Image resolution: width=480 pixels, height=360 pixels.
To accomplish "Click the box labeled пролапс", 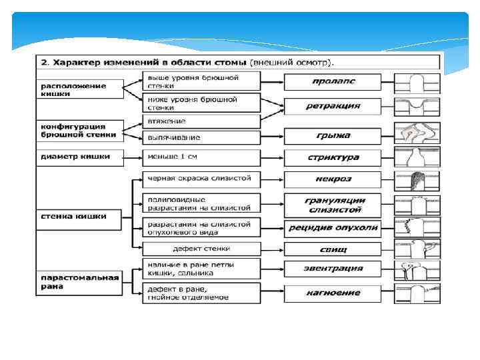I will pos(333,81).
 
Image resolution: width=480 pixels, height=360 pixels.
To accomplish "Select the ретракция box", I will pos(333,106).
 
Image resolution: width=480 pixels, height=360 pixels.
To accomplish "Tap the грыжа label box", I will pos(333,136).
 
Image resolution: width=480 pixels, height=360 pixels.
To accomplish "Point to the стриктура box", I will pos(333,158).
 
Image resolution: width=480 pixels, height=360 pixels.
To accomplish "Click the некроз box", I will pos(333,179).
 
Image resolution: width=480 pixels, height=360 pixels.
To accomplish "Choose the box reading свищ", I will pos(333,249).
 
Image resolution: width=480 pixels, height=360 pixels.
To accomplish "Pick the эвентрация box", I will pos(333,269).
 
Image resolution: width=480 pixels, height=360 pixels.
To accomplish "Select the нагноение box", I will pos(333,293).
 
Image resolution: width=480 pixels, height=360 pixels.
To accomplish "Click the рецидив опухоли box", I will pos(333,227).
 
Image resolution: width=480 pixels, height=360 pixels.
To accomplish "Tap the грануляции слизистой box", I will pos(333,204).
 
